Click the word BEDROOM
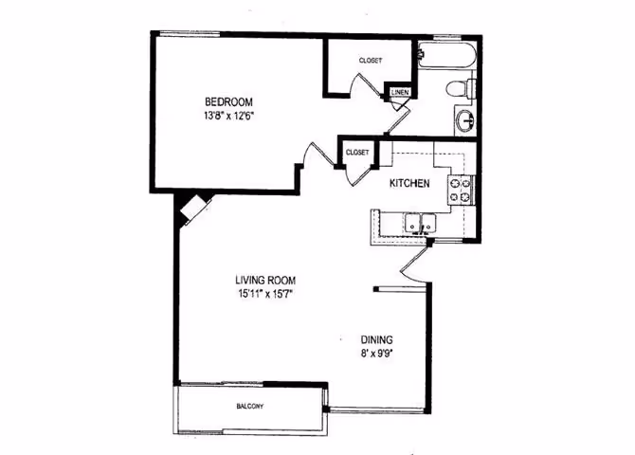pos(229,101)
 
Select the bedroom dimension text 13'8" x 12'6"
pos(229,116)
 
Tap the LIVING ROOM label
pos(266,280)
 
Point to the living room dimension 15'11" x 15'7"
pos(266,295)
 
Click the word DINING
pos(376,339)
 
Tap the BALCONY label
pos(250,407)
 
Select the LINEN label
pos(400,93)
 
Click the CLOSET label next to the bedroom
pos(371,61)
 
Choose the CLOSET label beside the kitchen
pos(357,152)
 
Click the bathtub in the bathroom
pos(445,55)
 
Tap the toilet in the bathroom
pos(459,90)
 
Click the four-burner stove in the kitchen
pos(461,190)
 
